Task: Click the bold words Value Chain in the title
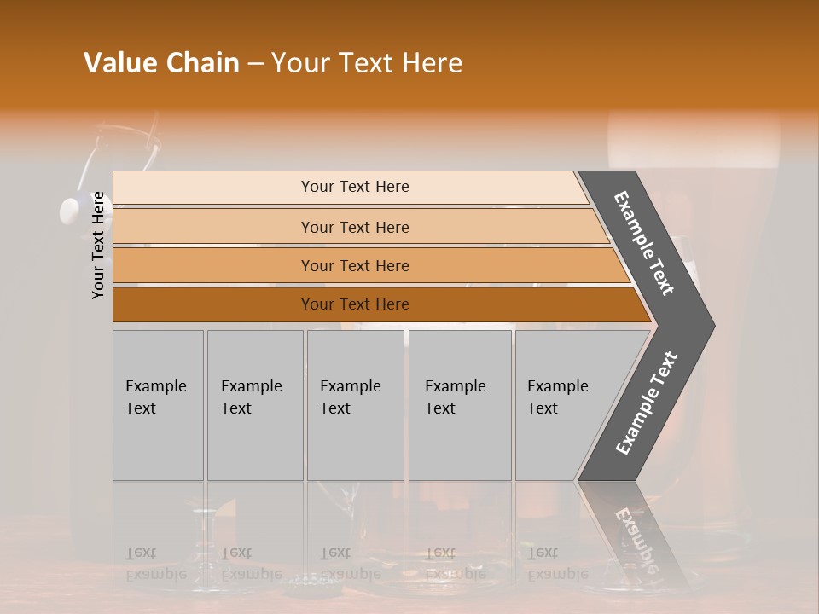coord(161,63)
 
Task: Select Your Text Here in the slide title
coord(367,63)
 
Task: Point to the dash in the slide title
coord(255,64)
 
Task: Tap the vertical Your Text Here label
coord(98,246)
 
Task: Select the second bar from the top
coord(354,227)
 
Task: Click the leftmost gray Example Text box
coord(158,405)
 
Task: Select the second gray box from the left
coord(254,405)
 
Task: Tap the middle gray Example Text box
coord(355,405)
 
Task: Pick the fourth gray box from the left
coord(459,405)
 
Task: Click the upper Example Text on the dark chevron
coord(644,243)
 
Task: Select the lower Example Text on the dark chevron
coord(647,403)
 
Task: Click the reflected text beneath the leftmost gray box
coord(155,563)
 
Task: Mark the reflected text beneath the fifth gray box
coord(557,563)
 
